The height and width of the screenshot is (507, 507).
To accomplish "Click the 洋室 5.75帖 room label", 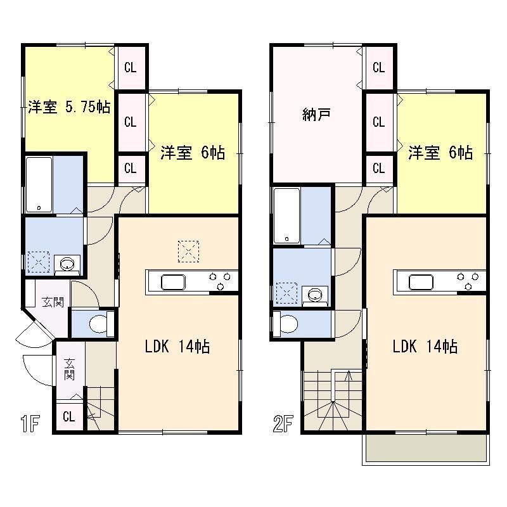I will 69,108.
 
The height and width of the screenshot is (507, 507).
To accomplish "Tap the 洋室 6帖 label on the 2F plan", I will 440,153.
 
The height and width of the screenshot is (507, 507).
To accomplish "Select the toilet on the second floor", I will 286,324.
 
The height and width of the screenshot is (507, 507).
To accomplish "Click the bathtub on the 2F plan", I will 286,215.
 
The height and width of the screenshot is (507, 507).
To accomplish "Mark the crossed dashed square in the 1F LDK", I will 188,250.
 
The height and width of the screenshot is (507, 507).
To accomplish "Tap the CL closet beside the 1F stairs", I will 69,417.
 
